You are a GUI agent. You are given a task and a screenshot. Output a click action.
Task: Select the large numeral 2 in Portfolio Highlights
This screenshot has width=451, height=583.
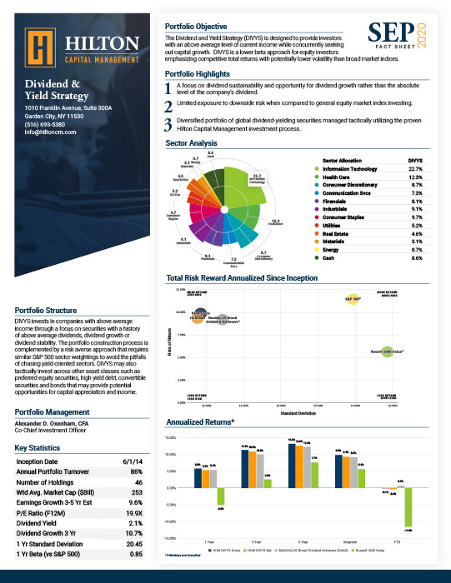point(168,105)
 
